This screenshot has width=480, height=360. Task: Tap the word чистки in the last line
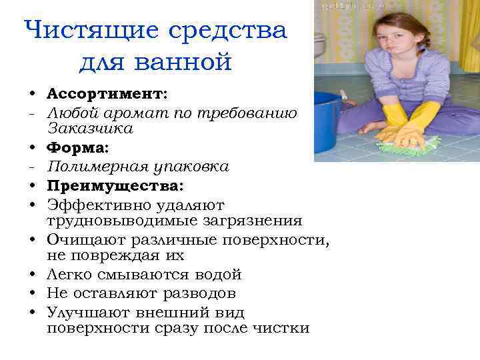284,329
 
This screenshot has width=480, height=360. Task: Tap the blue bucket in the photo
326,123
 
